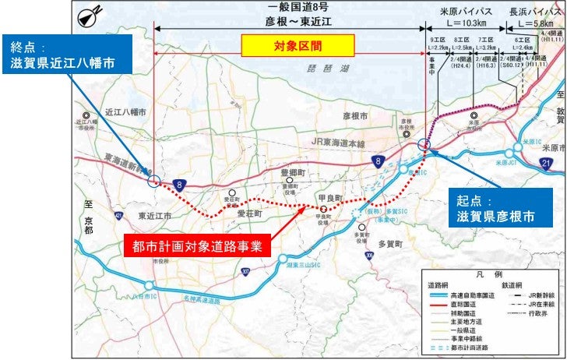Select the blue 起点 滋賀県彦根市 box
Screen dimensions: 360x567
click(496, 206)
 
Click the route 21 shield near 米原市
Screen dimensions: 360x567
click(547, 162)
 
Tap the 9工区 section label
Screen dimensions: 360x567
click(437, 38)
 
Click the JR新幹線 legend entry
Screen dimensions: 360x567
click(537, 297)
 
